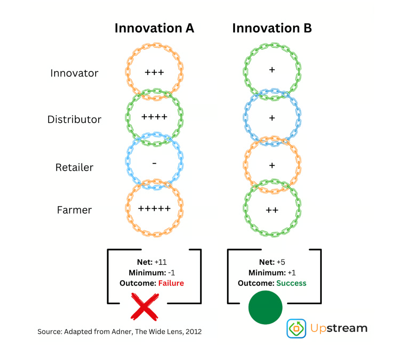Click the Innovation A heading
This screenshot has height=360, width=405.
point(154,28)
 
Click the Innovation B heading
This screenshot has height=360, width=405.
point(272,28)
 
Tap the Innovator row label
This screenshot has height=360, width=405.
point(74,73)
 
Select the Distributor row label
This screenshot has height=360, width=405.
point(74,119)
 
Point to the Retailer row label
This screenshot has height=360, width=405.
point(74,167)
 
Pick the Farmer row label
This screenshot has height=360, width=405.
point(74,210)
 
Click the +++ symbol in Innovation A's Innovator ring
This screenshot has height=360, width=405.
point(154,72)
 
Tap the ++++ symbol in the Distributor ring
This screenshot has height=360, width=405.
point(154,117)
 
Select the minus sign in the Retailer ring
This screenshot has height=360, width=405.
point(154,163)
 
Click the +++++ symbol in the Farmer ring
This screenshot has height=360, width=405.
point(154,208)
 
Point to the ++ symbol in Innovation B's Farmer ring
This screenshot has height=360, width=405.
point(272,210)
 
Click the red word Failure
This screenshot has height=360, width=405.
point(171,283)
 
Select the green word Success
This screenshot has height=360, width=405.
point(291,283)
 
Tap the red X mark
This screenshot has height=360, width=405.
point(145,307)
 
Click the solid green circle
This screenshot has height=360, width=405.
point(265,307)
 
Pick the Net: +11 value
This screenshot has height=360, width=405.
point(152,262)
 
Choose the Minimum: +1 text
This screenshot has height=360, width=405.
point(272,273)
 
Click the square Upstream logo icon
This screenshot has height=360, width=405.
point(296,328)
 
